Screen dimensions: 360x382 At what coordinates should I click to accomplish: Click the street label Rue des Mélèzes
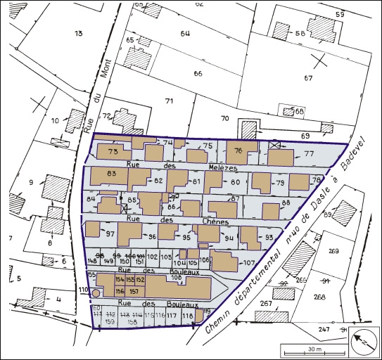[x=184, y=167]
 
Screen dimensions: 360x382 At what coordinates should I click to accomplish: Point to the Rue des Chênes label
[x=184, y=221]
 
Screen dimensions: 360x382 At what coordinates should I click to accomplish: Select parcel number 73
[x=112, y=151]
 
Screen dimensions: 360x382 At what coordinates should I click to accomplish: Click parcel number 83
[x=110, y=173]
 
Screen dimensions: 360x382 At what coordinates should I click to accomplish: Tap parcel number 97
[x=110, y=233]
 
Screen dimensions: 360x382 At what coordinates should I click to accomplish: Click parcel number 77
[x=308, y=155]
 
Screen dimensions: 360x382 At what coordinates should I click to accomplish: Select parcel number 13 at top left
[x=78, y=34]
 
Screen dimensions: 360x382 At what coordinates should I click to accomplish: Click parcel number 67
[x=307, y=77]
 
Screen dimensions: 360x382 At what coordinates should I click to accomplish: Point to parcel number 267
[x=266, y=303]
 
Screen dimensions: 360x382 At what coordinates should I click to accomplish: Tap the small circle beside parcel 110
[x=96, y=293]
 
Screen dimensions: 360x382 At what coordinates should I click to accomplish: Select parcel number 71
[x=169, y=102]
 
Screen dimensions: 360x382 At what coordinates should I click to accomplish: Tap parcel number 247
[x=323, y=329]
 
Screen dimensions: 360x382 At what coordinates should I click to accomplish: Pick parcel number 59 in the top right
[x=340, y=15]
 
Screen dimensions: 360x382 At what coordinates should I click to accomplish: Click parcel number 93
[x=269, y=238]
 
